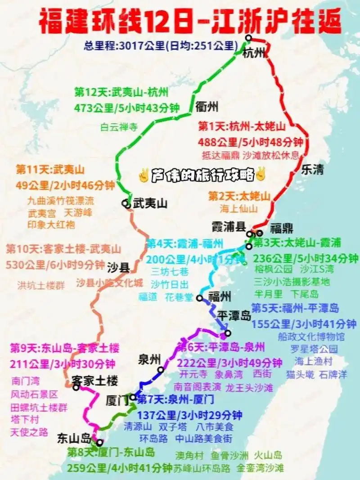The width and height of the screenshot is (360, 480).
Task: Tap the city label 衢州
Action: (x=207, y=107)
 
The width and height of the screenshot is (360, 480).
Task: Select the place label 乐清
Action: (x=312, y=170)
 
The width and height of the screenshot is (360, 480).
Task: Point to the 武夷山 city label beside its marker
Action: (x=150, y=204)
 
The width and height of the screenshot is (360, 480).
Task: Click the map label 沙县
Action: (x=118, y=268)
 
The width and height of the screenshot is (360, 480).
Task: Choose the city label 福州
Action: (x=220, y=296)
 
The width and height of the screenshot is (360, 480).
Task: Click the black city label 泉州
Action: (x=150, y=359)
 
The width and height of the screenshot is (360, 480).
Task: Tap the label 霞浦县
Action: (x=229, y=226)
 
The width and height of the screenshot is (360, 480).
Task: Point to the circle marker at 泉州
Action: (x=161, y=370)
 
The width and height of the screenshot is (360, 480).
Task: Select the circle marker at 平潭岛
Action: (x=228, y=333)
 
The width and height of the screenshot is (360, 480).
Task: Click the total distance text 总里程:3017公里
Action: (x=124, y=45)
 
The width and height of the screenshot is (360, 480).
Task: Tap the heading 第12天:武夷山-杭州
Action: (x=121, y=93)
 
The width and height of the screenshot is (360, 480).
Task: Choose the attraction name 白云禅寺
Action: (x=118, y=127)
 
